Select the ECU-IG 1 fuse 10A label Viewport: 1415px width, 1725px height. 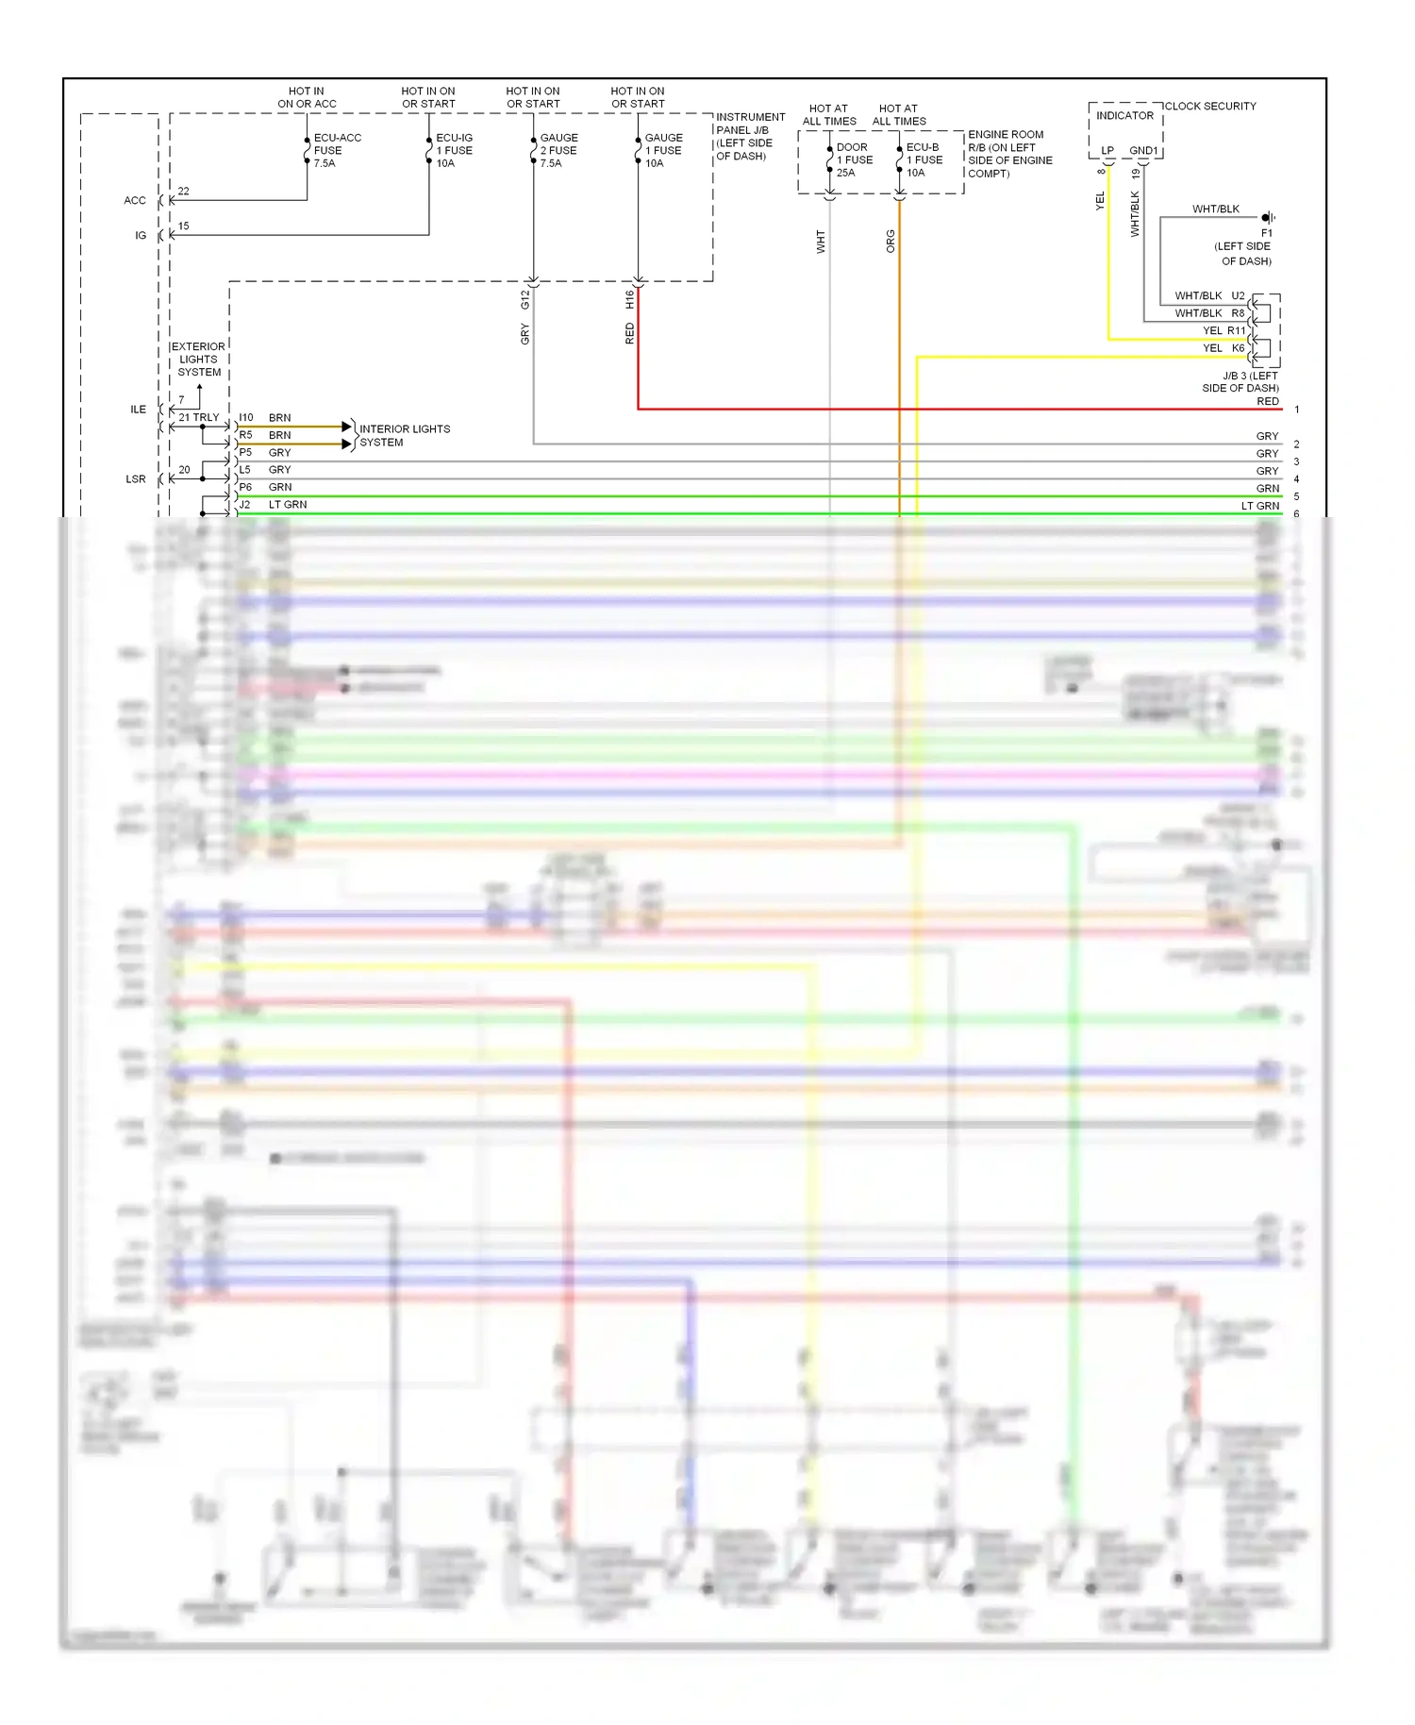(x=454, y=150)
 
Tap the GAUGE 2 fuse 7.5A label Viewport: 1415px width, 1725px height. (x=558, y=150)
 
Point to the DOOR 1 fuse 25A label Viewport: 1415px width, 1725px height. (x=854, y=159)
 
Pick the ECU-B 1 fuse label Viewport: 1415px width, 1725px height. (x=924, y=159)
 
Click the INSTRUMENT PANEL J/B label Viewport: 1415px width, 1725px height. (x=750, y=136)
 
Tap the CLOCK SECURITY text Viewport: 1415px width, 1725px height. (x=1210, y=106)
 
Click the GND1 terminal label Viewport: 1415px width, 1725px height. (x=1143, y=150)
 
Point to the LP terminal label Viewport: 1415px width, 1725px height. (x=1107, y=150)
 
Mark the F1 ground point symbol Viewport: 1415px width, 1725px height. (x=1267, y=218)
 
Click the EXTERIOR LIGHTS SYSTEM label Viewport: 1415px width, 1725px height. (x=198, y=360)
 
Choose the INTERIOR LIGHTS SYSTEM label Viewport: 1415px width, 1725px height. (x=404, y=435)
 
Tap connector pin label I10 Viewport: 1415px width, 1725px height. (x=246, y=417)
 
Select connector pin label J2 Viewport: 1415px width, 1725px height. (x=244, y=505)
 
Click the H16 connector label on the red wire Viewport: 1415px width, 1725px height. (x=629, y=299)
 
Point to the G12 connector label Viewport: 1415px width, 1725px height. (x=525, y=299)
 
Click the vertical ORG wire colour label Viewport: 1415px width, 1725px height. (x=891, y=242)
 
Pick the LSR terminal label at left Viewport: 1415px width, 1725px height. (x=136, y=479)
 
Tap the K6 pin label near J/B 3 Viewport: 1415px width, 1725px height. (x=1238, y=348)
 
